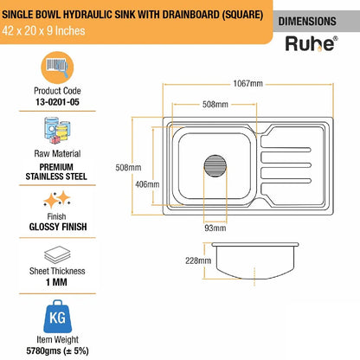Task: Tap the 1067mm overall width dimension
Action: click(248, 84)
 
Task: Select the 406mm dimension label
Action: click(147, 184)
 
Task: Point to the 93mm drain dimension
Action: click(215, 228)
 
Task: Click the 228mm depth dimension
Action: click(198, 260)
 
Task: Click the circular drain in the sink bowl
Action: click(215, 166)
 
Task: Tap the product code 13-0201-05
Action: click(57, 102)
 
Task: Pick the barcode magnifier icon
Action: click(57, 67)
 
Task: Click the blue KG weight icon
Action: click(57, 317)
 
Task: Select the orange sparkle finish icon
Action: click(57, 199)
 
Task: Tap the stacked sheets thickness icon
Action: click(57, 254)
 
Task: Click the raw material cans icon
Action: click(57, 131)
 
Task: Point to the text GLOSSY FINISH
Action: click(58, 227)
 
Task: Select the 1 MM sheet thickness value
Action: click(56, 282)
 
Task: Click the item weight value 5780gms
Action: click(57, 350)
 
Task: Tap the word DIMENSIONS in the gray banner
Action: click(307, 22)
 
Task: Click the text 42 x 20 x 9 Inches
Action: click(43, 31)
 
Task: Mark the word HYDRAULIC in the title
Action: click(87, 15)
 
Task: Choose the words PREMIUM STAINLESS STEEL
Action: click(56, 172)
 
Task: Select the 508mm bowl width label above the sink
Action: click(215, 105)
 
